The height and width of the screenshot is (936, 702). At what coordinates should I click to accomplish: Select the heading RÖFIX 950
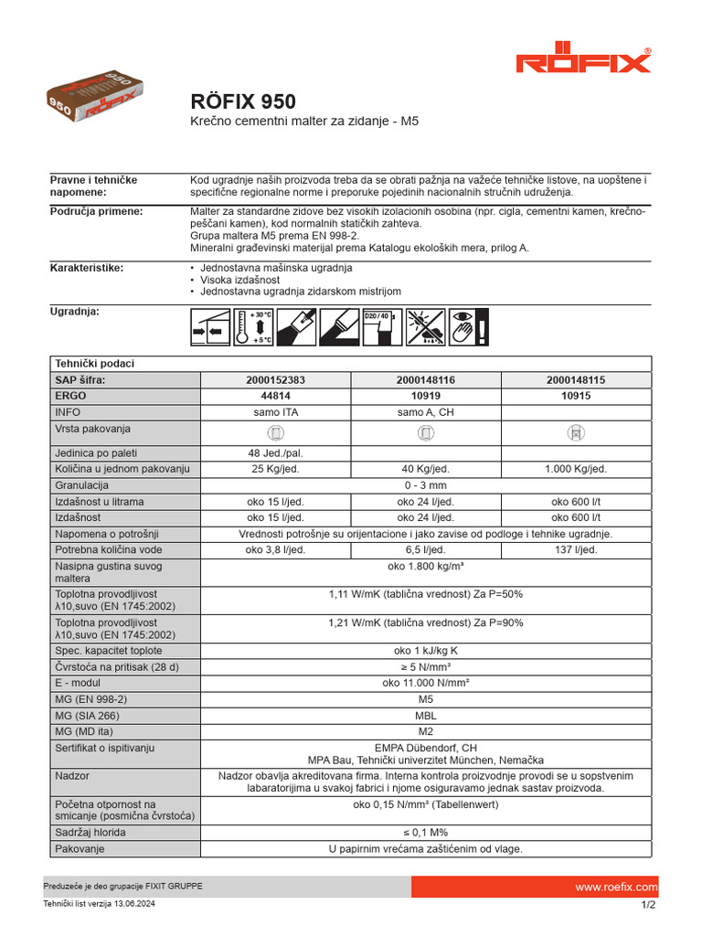pos(242,101)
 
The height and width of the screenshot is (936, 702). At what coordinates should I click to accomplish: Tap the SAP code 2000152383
pos(275,379)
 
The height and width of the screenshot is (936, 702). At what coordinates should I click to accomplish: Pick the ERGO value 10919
pos(426,396)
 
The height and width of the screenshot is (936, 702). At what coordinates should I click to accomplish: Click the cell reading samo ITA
pos(275,412)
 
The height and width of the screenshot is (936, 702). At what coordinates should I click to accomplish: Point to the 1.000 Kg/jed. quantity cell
pos(576,469)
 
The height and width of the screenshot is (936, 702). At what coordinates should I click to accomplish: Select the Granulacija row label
pos(82,485)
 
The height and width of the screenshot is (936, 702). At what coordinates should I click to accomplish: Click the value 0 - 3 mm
pos(426,485)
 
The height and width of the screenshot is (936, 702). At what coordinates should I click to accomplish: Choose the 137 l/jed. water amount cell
pos(576,549)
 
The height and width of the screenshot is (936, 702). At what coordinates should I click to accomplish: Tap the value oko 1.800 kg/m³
pos(426,567)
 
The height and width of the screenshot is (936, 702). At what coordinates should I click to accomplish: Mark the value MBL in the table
pos(426,716)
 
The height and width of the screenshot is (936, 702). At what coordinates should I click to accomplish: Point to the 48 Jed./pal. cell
pos(275,452)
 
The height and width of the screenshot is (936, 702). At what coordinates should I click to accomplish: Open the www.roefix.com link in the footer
pos(616,888)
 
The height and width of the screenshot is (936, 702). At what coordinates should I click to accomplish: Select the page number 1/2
pos(649,905)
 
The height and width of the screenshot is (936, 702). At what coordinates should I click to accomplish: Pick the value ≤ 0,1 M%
pos(426,833)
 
